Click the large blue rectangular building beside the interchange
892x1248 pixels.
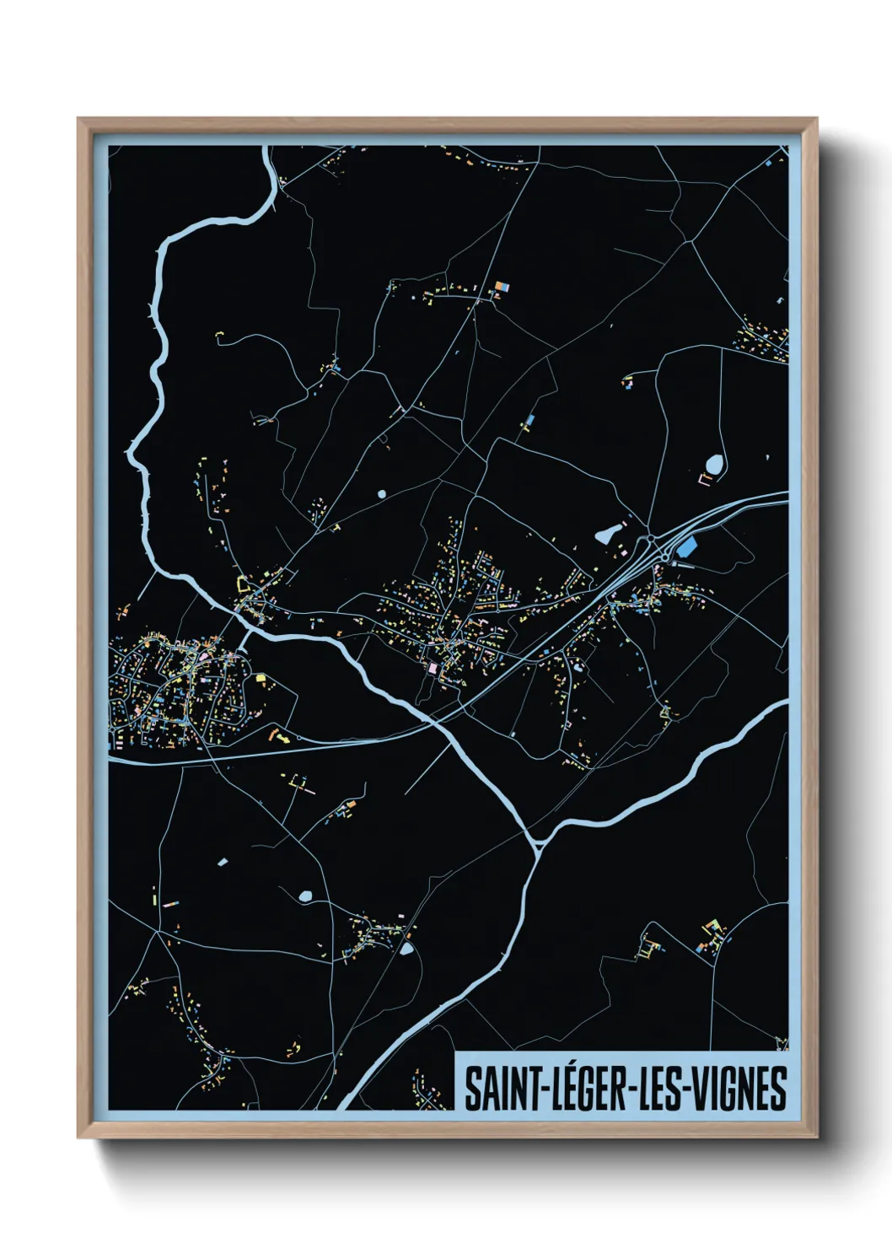click(688, 546)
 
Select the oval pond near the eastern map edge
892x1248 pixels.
click(714, 464)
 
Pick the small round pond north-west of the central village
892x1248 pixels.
click(382, 494)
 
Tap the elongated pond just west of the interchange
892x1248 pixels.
click(606, 534)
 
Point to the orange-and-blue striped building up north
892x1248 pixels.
click(501, 288)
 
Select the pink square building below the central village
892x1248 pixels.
click(433, 668)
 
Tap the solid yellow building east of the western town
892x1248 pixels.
click(260, 677)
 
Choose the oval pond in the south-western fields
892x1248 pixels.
click(304, 896)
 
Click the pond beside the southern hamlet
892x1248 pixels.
click(406, 949)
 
